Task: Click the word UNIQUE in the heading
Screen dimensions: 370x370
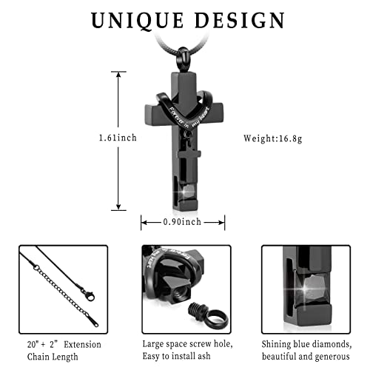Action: (138, 20)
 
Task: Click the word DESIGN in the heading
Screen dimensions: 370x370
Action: (240, 20)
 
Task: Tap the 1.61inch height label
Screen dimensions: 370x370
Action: (118, 138)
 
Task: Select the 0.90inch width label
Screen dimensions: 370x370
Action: (182, 222)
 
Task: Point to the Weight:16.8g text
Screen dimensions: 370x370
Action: (273, 138)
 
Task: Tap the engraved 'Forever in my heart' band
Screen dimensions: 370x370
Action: (184, 110)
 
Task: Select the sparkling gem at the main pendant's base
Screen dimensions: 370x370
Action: (187, 191)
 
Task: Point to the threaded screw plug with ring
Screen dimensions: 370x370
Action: (209, 317)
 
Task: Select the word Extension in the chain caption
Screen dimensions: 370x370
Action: (82, 344)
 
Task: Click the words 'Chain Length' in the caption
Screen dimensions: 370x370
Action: (53, 357)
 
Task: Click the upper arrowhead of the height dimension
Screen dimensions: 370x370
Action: (118, 75)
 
